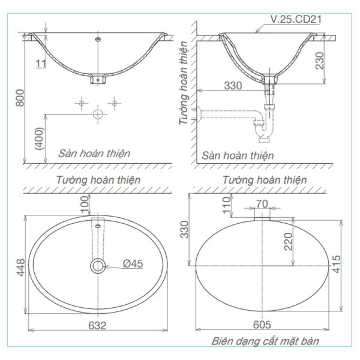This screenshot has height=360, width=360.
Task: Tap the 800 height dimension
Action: pyautogui.click(x=20, y=101)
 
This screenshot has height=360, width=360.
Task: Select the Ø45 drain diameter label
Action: pyautogui.click(x=134, y=263)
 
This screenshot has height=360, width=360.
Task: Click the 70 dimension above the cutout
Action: pyautogui.click(x=262, y=204)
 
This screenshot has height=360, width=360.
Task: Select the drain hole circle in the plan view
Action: pyautogui.click(x=97, y=265)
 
